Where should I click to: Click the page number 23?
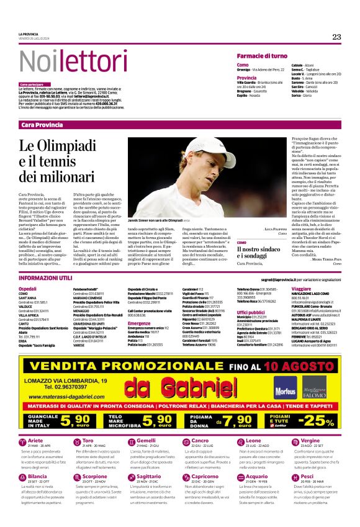pos(336,37)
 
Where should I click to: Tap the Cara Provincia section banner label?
pos(42,125)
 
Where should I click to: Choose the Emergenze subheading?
pos(140,323)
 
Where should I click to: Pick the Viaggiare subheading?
pos(301,289)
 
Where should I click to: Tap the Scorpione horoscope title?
pos(94,477)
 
